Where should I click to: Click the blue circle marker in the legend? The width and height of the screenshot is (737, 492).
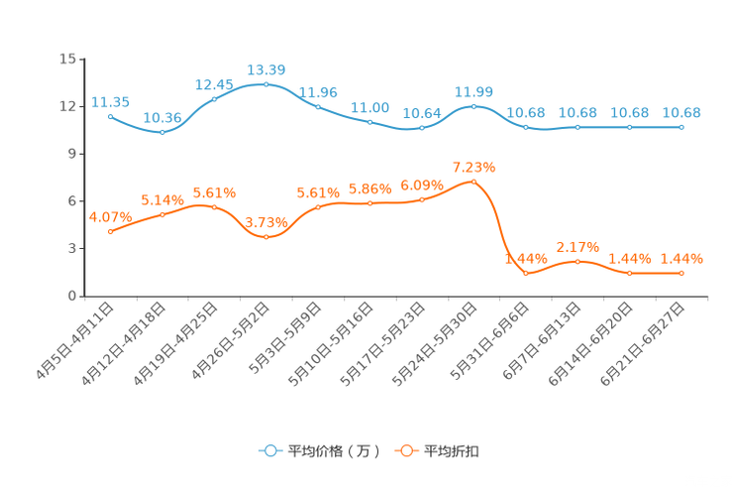tap(269, 450)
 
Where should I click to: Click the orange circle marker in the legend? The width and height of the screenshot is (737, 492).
tap(406, 450)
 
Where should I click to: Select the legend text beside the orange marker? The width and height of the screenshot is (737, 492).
tap(452, 451)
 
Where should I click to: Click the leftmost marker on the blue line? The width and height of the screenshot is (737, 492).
tap(110, 116)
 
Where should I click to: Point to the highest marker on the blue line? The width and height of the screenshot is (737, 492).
tap(265, 84)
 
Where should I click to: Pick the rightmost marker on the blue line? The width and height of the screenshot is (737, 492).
tap(682, 127)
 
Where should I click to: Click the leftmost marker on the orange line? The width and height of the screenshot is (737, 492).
tap(110, 231)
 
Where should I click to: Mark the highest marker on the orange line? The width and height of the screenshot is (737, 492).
tap(474, 182)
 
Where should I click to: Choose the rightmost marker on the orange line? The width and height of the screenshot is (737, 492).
tap(682, 273)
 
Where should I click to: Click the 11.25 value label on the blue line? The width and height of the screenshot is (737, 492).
tap(110, 101)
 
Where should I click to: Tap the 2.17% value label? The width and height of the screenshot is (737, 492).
tap(578, 247)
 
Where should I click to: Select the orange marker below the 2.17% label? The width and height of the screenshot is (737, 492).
tap(578, 262)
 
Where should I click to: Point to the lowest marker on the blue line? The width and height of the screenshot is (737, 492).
tap(161, 132)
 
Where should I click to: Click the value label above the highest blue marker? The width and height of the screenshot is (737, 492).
tap(265, 69)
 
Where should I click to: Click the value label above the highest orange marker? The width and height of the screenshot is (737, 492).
tap(474, 167)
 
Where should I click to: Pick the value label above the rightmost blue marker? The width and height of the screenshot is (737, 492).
tap(682, 112)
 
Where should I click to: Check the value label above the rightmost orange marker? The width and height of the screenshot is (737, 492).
tap(682, 259)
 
